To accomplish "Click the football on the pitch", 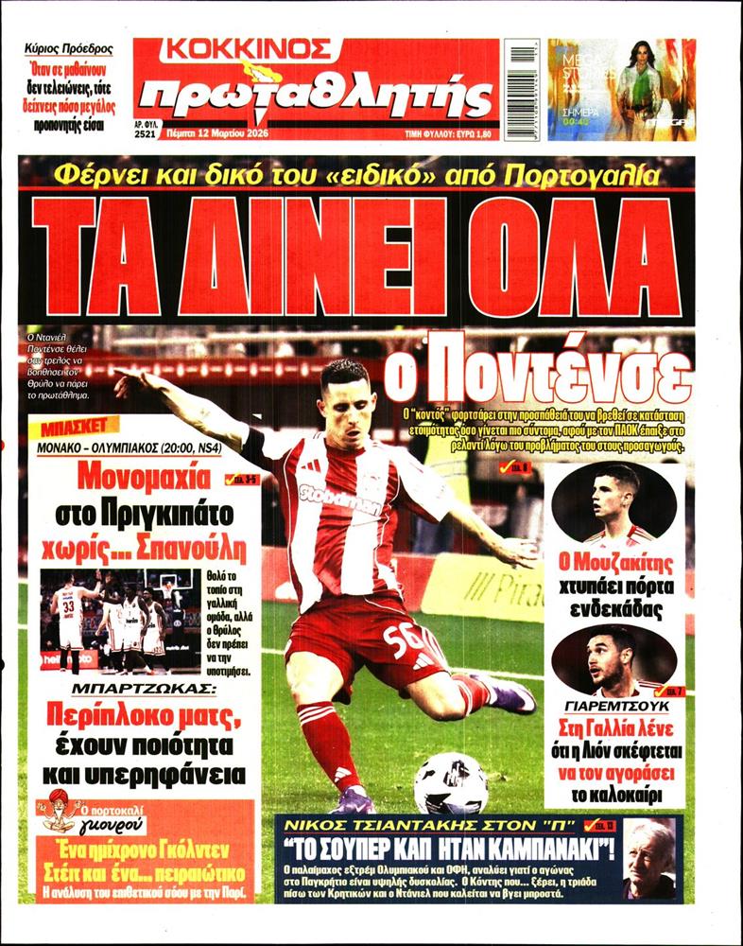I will coord(451,782).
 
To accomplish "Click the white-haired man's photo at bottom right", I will coord(653,859).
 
